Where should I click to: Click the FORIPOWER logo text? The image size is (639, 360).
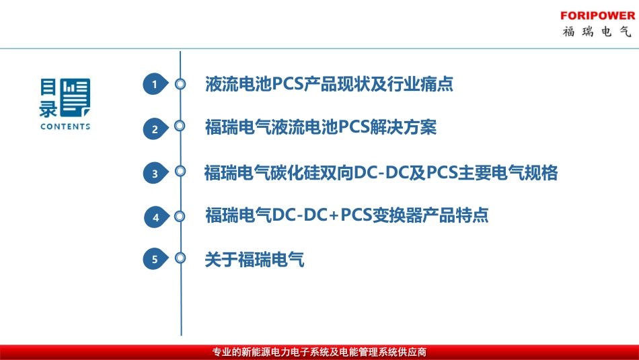pyautogui.click(x=597, y=15)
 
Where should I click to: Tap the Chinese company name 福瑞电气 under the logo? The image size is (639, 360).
pyautogui.click(x=597, y=32)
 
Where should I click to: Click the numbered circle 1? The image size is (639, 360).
pyautogui.click(x=155, y=85)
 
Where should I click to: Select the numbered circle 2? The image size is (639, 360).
pyautogui.click(x=155, y=129)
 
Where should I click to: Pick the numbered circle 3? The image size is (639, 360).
pyautogui.click(x=155, y=174)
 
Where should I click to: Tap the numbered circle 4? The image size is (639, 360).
pyautogui.click(x=156, y=217)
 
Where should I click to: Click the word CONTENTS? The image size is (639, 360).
pyautogui.click(x=65, y=127)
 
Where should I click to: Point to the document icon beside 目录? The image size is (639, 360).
pyautogui.click(x=75, y=98)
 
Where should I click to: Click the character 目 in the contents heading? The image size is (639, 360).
pyautogui.click(x=48, y=87)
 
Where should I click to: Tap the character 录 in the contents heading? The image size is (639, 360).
pyautogui.click(x=48, y=108)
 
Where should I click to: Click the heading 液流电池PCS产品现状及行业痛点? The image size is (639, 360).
pyautogui.click(x=329, y=84)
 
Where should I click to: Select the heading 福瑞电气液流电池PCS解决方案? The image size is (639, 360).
pyautogui.click(x=321, y=127)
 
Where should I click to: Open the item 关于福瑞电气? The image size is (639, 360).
pyautogui.click(x=254, y=259)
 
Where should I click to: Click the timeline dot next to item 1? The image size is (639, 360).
pyautogui.click(x=180, y=84)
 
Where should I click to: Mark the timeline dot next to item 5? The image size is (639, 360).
pyautogui.click(x=180, y=258)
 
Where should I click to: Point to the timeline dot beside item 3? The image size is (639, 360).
pyautogui.click(x=180, y=172)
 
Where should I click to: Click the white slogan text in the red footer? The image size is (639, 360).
pyautogui.click(x=319, y=352)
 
